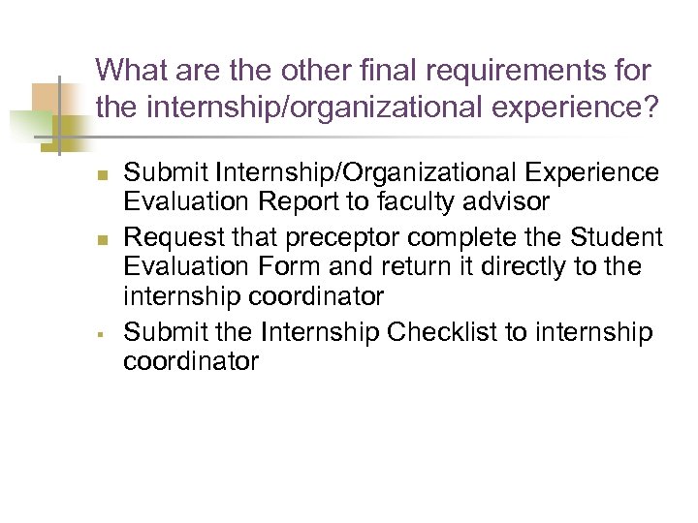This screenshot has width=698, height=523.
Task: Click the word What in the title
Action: (131, 71)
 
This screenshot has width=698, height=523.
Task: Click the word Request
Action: (172, 235)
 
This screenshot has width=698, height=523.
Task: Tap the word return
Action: (411, 266)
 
